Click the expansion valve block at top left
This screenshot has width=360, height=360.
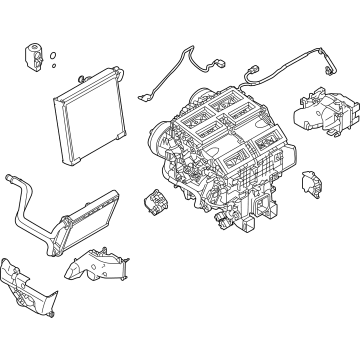pos(27,55)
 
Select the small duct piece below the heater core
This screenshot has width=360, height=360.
pos(95,265)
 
